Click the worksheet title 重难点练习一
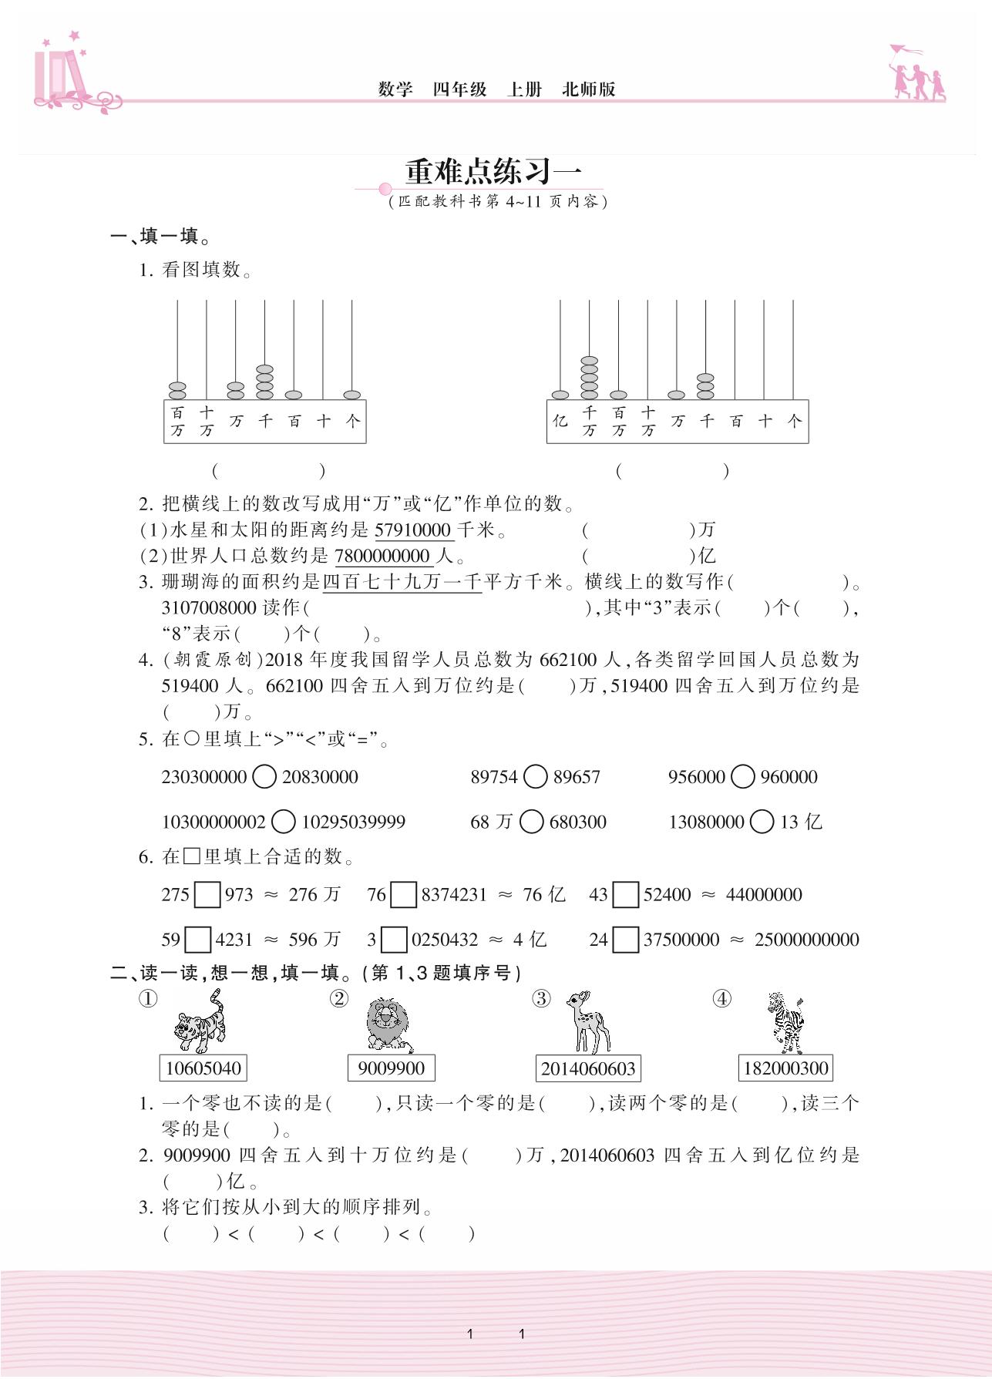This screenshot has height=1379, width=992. (x=493, y=171)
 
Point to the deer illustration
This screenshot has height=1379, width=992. (x=587, y=1023)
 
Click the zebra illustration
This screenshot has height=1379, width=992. (x=786, y=1023)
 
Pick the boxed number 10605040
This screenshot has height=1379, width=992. (x=203, y=1068)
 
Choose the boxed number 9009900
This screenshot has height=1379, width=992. (x=392, y=1068)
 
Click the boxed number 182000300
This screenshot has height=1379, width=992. (x=786, y=1068)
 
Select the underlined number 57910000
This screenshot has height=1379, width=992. (x=413, y=530)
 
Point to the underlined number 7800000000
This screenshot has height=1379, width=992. (x=382, y=556)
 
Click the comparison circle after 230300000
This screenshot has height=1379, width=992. (x=264, y=777)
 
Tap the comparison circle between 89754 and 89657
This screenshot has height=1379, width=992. (x=536, y=777)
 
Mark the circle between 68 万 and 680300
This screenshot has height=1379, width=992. (x=531, y=822)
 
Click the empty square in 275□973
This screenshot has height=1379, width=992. (x=207, y=895)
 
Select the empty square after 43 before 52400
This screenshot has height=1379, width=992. (x=626, y=895)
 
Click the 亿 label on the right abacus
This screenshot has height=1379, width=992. (x=560, y=421)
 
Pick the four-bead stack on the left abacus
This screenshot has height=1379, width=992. (x=264, y=382)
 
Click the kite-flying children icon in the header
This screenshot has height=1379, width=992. (x=917, y=73)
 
